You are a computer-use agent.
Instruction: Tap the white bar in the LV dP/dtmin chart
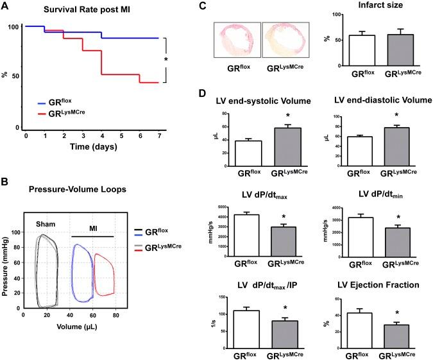click(x=347, y=232)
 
